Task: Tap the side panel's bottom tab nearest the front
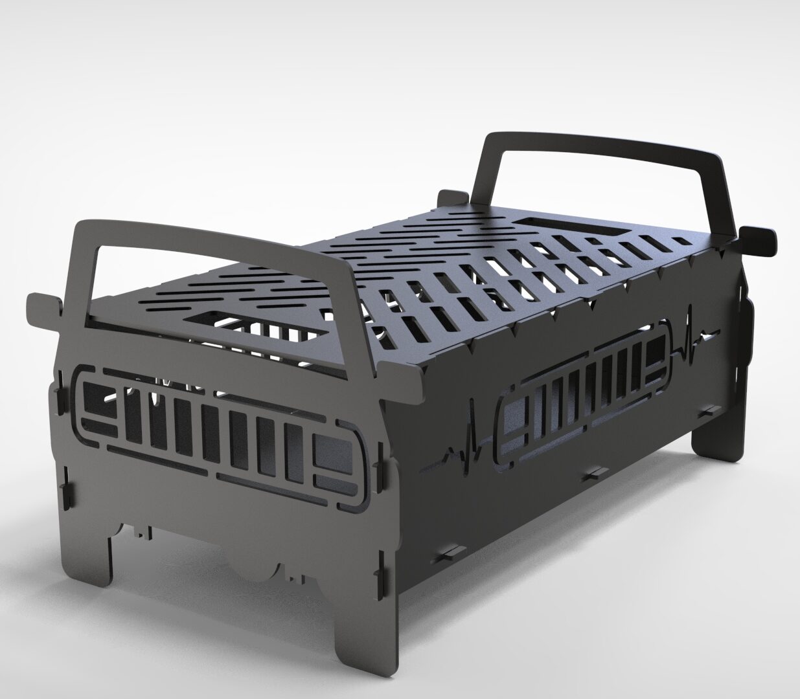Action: [450, 556]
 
